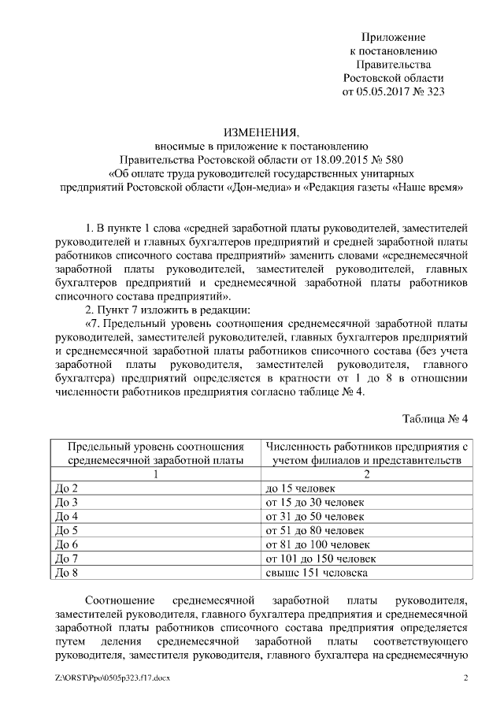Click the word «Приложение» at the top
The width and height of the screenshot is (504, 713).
pyautogui.click(x=394, y=37)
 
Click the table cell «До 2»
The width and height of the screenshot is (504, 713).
pyautogui.click(x=66, y=488)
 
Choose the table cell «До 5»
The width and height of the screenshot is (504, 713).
pyautogui.click(x=66, y=530)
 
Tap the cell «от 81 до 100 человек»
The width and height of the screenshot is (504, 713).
pyautogui.click(x=318, y=544)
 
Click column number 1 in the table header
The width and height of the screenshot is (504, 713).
pyautogui.click(x=156, y=474)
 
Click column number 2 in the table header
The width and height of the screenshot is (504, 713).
pyautogui.click(x=366, y=474)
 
